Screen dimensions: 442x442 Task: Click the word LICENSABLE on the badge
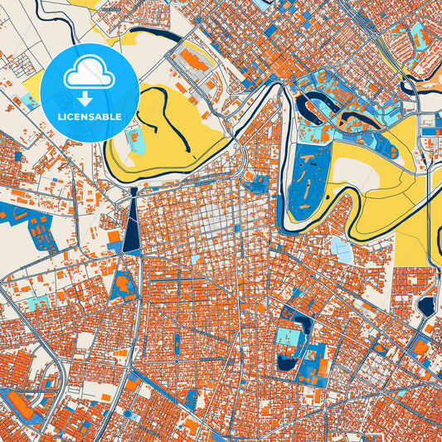89,117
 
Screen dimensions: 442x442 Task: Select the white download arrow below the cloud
89,100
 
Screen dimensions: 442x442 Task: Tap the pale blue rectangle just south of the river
341,249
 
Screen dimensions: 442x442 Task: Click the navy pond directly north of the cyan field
295,318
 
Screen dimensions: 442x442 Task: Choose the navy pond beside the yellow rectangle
426,306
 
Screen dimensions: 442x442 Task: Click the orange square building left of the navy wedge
114,237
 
